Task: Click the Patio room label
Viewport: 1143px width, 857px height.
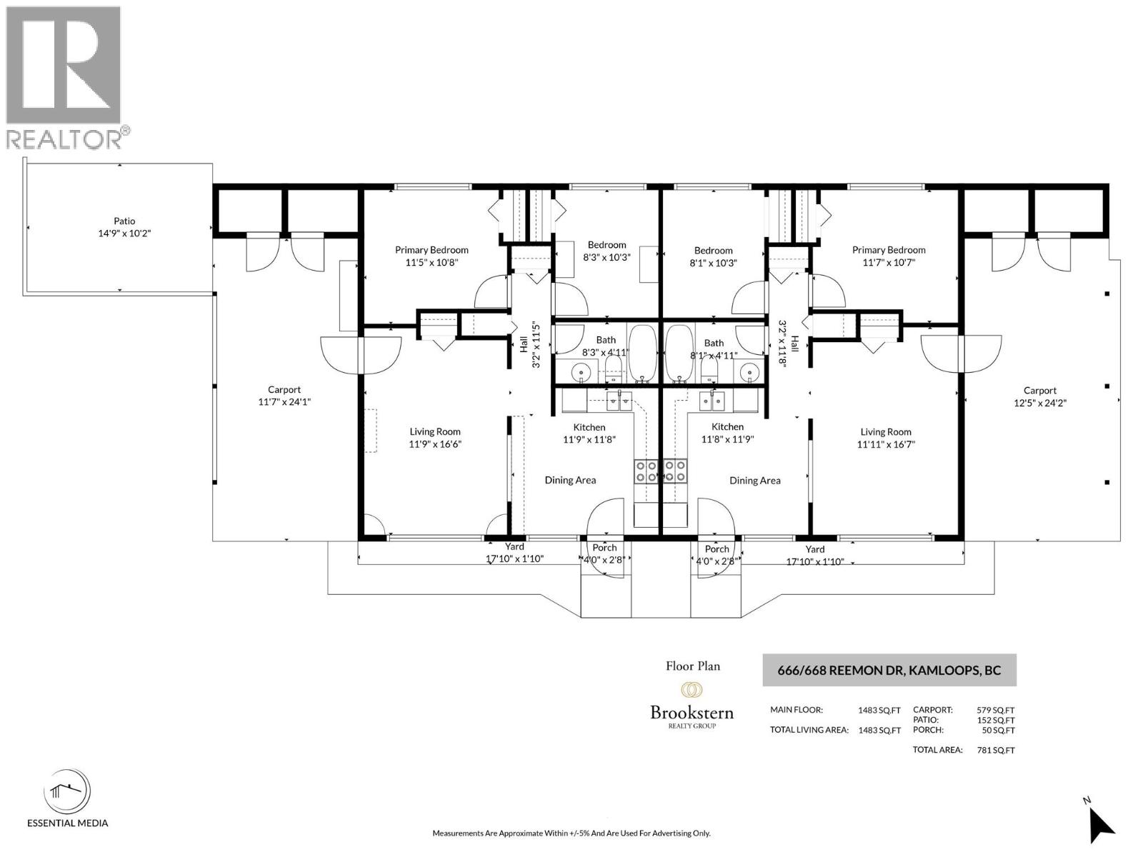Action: [x=124, y=221]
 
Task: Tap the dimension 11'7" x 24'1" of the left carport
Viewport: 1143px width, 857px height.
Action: [x=284, y=401]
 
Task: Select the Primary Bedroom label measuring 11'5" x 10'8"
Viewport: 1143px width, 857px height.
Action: [x=431, y=250]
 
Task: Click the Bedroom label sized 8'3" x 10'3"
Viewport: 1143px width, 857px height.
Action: [x=607, y=245]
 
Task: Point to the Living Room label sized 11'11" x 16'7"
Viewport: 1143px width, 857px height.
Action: [x=886, y=432]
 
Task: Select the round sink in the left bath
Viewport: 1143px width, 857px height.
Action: [x=579, y=373]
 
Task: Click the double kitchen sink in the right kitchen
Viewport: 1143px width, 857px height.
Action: [x=712, y=401]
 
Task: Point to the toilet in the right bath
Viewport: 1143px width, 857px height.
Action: [x=708, y=370]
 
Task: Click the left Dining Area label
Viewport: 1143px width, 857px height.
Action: [x=570, y=480]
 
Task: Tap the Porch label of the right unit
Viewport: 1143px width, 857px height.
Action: [x=717, y=549]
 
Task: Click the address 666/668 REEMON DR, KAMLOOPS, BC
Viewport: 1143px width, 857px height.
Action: [x=889, y=670]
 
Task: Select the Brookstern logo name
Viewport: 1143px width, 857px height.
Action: [x=692, y=712]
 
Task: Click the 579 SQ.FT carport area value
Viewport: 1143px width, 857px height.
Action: [x=996, y=711]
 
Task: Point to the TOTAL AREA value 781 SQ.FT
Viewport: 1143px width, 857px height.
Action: [x=996, y=751]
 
